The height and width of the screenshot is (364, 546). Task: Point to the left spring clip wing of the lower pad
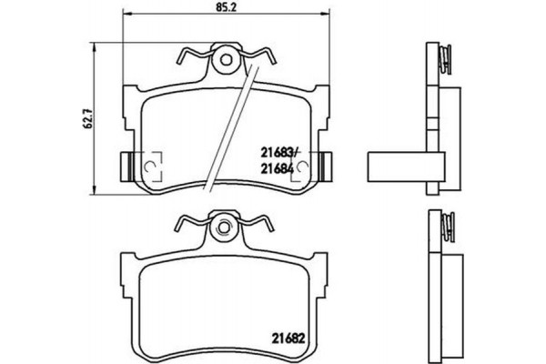coord(188,224)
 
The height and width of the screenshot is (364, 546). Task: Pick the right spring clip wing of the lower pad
coord(258,224)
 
